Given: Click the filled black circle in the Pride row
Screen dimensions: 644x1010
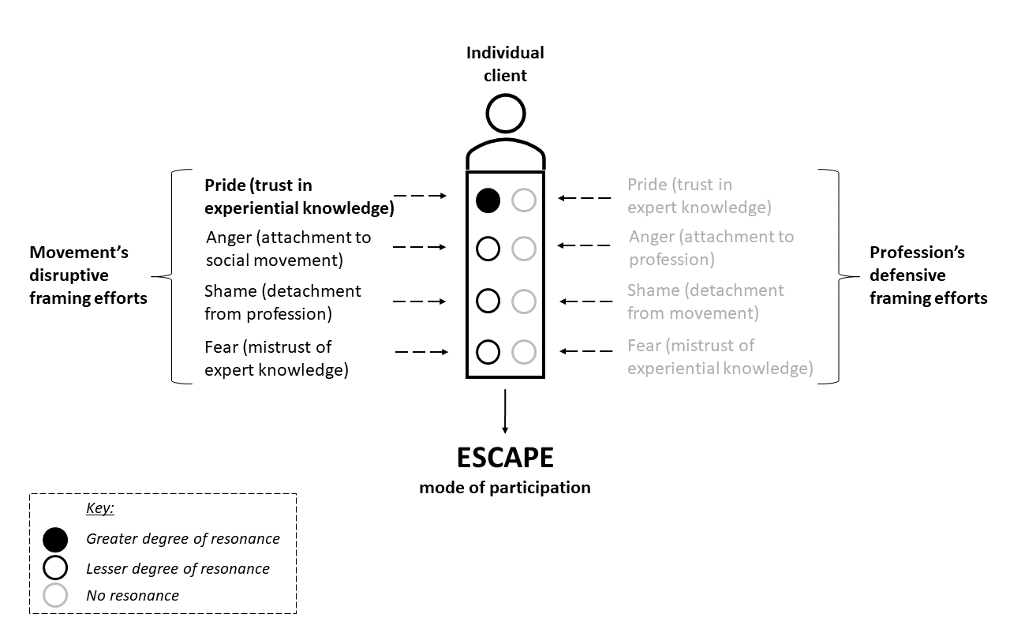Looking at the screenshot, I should pos(488,200).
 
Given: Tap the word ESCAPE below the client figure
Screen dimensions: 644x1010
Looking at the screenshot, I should pos(505,459).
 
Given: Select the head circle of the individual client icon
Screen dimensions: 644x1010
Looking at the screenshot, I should pos(505,114).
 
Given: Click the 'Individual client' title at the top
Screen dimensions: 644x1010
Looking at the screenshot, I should pos(505,64).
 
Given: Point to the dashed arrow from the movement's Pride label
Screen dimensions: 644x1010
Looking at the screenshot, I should pos(420,195).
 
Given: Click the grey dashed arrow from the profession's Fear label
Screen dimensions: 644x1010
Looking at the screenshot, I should pos(585,350).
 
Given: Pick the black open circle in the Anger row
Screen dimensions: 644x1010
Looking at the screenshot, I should pos(488,249).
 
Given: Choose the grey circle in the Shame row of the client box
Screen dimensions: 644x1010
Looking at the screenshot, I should pos(524,301).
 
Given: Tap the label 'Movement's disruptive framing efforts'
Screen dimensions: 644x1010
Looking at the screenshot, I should pos(88,275).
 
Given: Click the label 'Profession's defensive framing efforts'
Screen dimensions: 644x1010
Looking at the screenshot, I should pos(928,275).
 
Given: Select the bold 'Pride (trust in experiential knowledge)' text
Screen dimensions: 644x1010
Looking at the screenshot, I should pos(299,197).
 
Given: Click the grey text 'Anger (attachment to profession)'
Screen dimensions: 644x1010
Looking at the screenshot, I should pos(711,248).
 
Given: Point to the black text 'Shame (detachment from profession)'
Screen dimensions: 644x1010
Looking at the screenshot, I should pos(282,302).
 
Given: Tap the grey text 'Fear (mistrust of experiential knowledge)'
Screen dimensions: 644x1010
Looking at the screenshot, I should pos(720,357).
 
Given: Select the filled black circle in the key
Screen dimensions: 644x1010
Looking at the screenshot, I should pos(55,540).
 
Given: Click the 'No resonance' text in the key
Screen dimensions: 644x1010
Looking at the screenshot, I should pos(133,596).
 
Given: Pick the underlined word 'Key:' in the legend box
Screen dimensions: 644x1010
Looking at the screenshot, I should pos(100,509).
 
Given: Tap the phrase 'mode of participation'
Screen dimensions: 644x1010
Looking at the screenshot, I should pos(505,488).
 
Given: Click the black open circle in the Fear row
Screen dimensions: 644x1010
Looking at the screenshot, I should pos(488,352).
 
